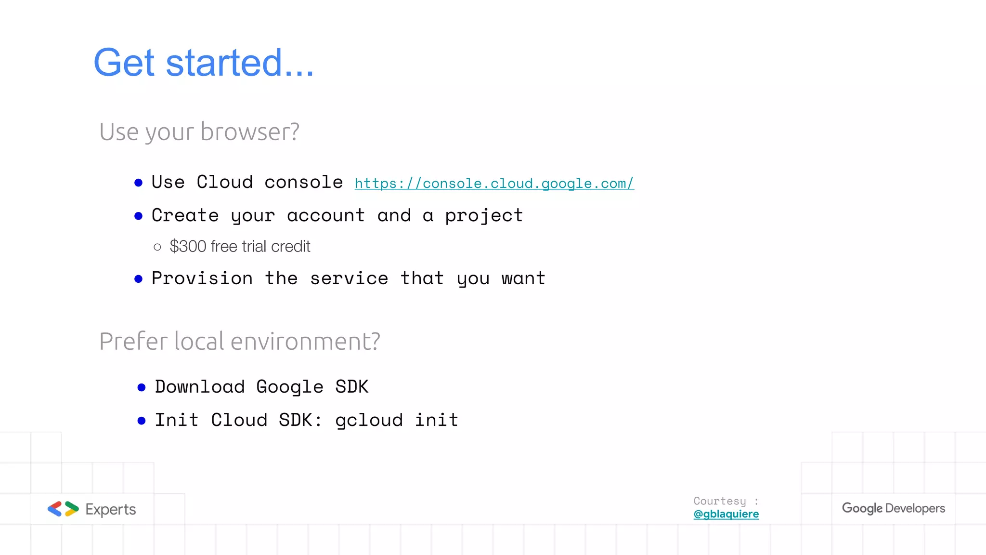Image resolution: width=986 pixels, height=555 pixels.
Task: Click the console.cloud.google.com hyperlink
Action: tap(494, 184)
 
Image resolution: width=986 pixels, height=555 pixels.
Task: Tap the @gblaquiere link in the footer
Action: tap(726, 514)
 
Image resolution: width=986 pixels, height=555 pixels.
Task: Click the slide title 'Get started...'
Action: tap(204, 63)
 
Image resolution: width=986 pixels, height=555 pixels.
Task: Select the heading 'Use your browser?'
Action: tap(199, 132)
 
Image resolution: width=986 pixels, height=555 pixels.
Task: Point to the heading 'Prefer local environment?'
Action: tap(240, 342)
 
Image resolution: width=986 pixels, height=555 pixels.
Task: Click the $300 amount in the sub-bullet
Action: tap(188, 247)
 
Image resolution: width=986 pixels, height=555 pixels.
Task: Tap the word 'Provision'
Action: tap(202, 278)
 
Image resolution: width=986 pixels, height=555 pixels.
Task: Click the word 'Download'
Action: tap(200, 387)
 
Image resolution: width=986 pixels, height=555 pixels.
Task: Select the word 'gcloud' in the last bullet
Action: tap(369, 421)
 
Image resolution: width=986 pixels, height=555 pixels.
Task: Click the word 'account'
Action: tap(326, 215)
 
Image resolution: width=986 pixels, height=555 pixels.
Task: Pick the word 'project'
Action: tap(484, 216)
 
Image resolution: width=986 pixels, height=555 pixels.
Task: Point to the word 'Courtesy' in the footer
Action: tap(720, 501)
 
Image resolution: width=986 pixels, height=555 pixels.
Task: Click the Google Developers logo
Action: tap(893, 508)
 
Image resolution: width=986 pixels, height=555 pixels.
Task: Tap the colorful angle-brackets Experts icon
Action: tap(63, 509)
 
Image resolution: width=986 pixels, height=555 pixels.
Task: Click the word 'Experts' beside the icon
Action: tap(111, 509)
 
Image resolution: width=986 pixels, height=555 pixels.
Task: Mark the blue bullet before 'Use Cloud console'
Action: tap(139, 183)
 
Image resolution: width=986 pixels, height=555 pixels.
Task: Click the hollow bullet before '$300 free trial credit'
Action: tap(157, 247)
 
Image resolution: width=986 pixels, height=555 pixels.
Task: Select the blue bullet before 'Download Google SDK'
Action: tap(142, 387)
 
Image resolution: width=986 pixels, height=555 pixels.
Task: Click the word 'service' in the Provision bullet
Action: tap(349, 278)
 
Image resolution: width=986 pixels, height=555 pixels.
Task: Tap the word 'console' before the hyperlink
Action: tap(304, 183)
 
